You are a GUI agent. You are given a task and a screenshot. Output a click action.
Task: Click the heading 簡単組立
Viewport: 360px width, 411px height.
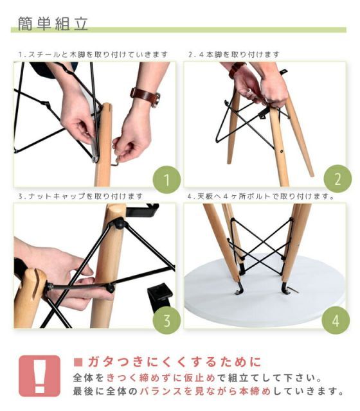click(x=53, y=24)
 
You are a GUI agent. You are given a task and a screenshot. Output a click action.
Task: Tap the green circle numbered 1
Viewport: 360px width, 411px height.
click(x=166, y=180)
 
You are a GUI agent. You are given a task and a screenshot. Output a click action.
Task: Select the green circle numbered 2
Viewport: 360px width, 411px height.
click(x=337, y=179)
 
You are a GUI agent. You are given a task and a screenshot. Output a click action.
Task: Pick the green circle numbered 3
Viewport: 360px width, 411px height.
click(x=166, y=320)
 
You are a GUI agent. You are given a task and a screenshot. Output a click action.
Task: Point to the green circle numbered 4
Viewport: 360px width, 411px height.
click(x=336, y=320)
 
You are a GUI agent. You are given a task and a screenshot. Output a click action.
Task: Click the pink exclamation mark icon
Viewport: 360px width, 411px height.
click(x=40, y=376)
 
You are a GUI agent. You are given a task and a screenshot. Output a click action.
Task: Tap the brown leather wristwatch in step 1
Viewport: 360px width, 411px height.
click(x=146, y=96)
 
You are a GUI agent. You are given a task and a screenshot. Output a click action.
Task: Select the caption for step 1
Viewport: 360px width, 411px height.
click(x=93, y=55)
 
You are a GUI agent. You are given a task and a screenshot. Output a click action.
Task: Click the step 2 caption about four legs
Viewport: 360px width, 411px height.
click(x=234, y=55)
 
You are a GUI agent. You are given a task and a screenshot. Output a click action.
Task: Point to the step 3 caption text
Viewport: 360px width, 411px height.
click(x=81, y=196)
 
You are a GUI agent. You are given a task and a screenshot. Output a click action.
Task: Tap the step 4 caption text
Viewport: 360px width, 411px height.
click(x=261, y=196)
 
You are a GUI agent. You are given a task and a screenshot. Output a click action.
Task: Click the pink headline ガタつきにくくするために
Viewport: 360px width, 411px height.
click(x=174, y=362)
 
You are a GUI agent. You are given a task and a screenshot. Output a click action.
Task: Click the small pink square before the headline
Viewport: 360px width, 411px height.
click(x=78, y=362)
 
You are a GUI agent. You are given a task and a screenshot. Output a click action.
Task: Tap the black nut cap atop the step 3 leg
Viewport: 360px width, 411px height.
click(x=119, y=223)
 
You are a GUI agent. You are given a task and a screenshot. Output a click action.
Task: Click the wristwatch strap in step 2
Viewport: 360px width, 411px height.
click(x=236, y=69)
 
